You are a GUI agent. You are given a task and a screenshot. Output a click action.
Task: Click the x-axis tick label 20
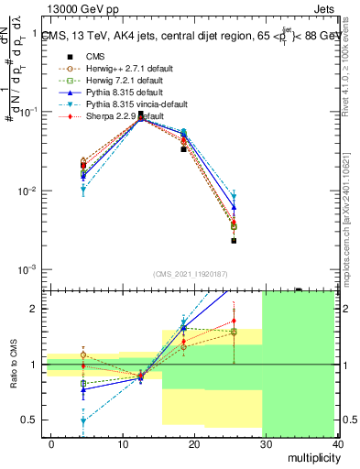pyautogui.click(x=193, y=444)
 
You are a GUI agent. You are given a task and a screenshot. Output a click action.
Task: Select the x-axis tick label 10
pyautogui.click(x=122, y=444)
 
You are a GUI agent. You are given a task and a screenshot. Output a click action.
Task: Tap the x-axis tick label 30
pyautogui.click(x=265, y=444)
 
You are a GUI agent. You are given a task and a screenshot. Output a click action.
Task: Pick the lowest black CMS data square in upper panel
pyautogui.click(x=234, y=241)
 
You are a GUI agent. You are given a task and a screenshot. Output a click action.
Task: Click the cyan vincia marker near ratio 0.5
pyautogui.click(x=83, y=421)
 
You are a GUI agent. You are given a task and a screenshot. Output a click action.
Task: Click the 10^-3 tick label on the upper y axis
pyautogui.click(x=30, y=270)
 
